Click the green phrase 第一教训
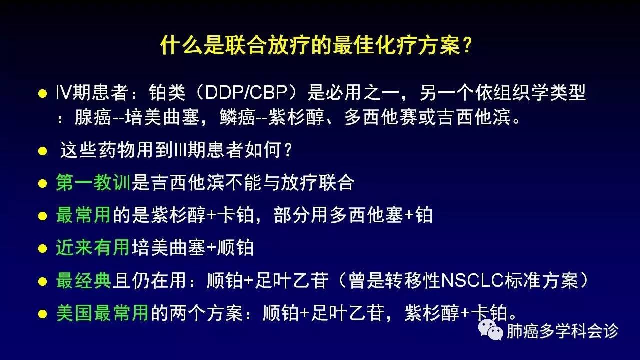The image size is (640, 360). (93, 183)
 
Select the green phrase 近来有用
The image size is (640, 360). (93, 247)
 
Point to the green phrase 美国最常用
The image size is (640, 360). (102, 313)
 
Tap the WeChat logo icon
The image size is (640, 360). (491, 330)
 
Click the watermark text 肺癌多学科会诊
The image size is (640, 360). (562, 331)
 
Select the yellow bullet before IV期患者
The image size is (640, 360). (42, 93)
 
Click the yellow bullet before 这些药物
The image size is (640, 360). (42, 151)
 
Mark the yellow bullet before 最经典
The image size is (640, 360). (42, 281)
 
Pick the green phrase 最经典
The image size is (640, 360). (83, 280)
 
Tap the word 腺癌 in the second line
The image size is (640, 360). (93, 117)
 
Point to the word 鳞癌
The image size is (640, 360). (237, 117)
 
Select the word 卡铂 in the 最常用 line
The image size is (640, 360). (235, 215)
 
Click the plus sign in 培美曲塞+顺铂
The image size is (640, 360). (211, 248)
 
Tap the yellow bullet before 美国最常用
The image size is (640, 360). (42, 314)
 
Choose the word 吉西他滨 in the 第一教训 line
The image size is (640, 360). (187, 183)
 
